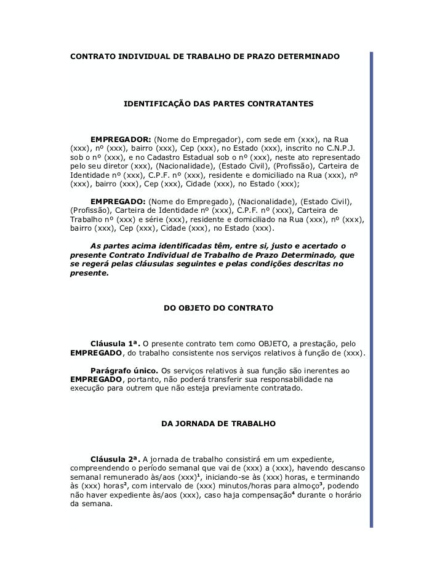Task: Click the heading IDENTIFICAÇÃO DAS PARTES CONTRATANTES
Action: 218,105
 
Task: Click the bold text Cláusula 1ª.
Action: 115,342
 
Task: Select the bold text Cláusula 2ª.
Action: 115,459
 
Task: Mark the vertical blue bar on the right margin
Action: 371,289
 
